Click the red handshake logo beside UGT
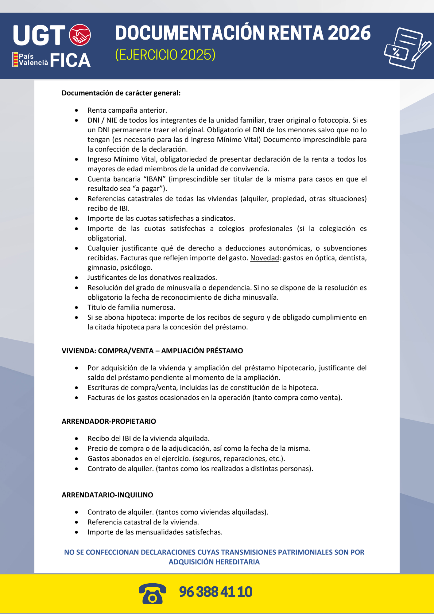[80, 35]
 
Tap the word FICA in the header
[70, 60]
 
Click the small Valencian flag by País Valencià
[15, 59]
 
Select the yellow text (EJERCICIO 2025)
[165, 55]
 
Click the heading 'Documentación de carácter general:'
[121, 93]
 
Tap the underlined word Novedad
[265, 258]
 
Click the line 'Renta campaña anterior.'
[127, 110]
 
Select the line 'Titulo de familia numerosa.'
[131, 307]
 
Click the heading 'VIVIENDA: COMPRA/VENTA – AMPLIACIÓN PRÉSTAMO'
[152, 351]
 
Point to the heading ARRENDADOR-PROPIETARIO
[109, 421]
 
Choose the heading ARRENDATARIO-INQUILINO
[107, 495]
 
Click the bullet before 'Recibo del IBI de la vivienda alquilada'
[76, 439]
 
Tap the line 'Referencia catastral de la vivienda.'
[143, 522]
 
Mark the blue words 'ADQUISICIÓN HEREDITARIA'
[214, 562]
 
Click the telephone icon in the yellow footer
[152, 593]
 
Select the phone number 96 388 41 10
[215, 592]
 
